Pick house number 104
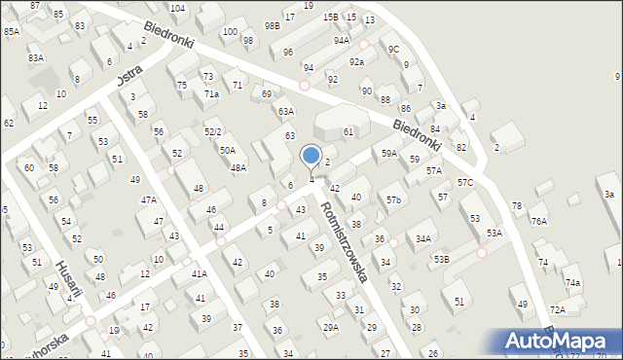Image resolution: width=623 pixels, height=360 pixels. click(177, 8)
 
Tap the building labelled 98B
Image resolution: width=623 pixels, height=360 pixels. click(272, 24)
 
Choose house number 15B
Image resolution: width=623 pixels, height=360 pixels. click(331, 17)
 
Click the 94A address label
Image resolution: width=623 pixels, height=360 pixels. click(341, 41)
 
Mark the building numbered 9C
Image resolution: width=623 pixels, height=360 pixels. click(393, 49)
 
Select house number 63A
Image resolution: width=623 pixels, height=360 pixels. click(285, 112)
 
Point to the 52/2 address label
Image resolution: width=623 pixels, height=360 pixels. click(212, 131)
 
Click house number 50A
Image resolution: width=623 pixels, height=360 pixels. click(227, 151)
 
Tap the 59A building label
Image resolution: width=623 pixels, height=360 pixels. click(388, 154)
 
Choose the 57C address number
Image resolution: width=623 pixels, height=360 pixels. click(465, 182)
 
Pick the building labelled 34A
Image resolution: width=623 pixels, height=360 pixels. click(422, 238)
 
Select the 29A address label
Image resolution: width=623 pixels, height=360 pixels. click(331, 327)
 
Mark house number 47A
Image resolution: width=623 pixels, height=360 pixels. click(148, 199)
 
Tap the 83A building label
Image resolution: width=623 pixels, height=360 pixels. click(36, 58)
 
